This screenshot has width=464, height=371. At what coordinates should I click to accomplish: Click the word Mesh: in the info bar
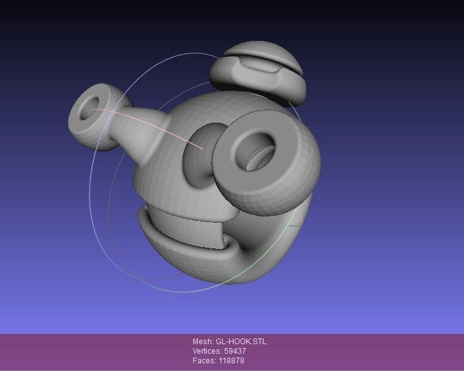click(x=203, y=342)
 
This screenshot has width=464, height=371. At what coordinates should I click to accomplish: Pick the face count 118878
click(x=230, y=361)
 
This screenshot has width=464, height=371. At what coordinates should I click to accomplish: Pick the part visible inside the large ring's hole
click(x=261, y=157)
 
